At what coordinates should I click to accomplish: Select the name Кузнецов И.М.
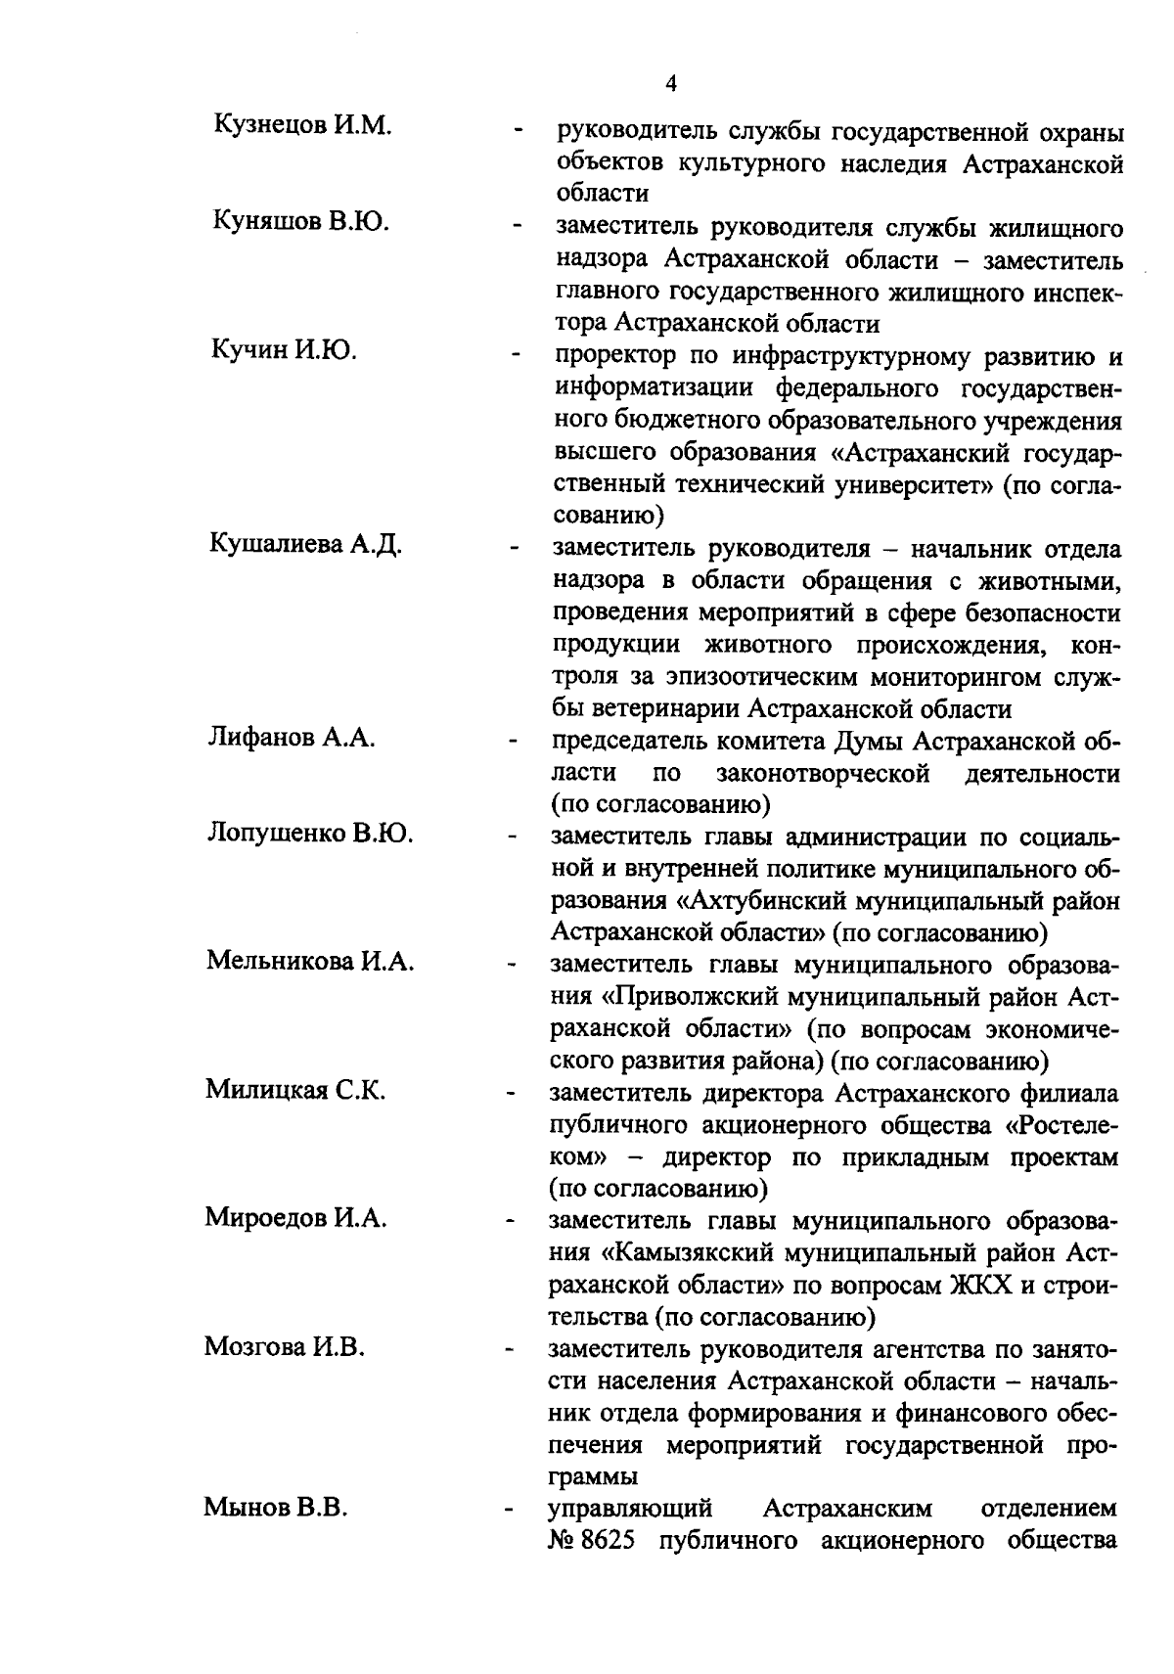pos(302,126)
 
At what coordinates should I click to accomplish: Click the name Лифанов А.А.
pos(292,738)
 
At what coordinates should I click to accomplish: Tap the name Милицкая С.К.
pos(295,1090)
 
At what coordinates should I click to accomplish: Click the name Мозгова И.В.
pos(285,1347)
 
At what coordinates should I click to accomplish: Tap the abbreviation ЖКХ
pos(981,1284)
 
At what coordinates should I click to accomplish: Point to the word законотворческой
pos(823,773)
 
